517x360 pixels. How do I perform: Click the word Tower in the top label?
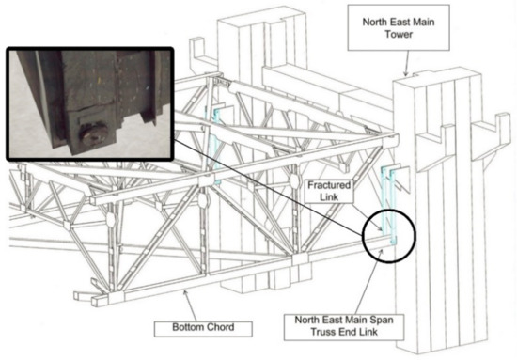[x=399, y=34]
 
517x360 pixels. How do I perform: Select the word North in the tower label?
[x=375, y=22]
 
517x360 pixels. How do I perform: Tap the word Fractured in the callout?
[x=329, y=185]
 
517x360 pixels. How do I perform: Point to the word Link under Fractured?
[x=329, y=197]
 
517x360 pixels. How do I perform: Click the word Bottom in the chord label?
[x=185, y=327]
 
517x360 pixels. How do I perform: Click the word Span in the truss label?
[x=383, y=320]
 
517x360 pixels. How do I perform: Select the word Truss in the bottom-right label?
[x=322, y=331]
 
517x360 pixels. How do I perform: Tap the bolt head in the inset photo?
[x=93, y=135]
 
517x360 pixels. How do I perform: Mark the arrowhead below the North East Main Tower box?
[x=405, y=73]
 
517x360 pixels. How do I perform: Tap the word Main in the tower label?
[x=423, y=22]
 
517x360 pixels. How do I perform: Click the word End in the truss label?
[x=346, y=331]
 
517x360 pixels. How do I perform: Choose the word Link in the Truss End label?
[x=368, y=331]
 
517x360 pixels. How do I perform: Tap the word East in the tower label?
[x=399, y=22]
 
